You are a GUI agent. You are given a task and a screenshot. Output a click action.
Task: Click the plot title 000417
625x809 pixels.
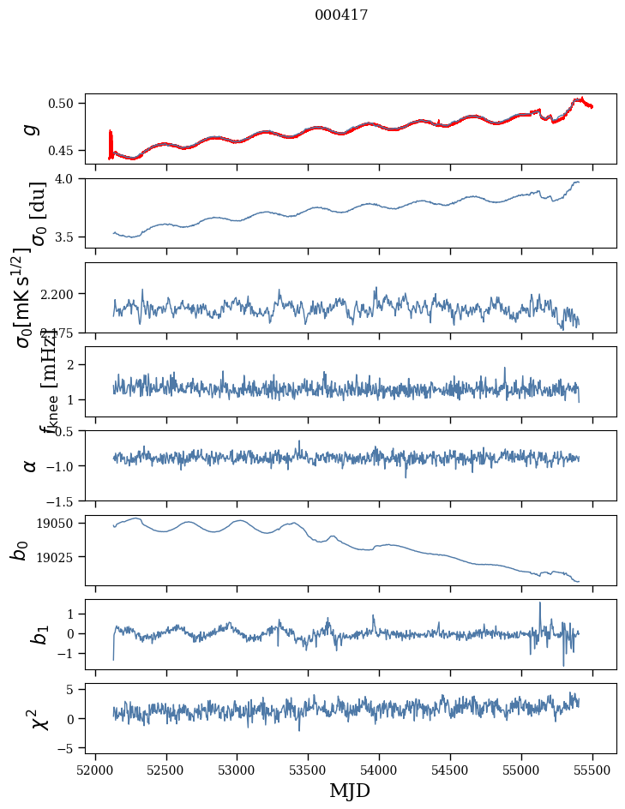tap(341, 15)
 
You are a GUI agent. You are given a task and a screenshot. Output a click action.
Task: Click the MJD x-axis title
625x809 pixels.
tap(350, 790)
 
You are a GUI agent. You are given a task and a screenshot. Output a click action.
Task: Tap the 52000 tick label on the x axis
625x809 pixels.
tap(95, 769)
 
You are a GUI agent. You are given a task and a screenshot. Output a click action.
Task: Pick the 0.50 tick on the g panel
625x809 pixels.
tap(65, 103)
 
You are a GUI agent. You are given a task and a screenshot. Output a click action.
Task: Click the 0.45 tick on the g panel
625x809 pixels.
tap(65, 151)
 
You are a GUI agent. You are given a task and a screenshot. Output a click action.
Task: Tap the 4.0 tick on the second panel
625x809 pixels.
tap(69, 178)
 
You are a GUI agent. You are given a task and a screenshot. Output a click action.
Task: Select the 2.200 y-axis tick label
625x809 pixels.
tap(61, 294)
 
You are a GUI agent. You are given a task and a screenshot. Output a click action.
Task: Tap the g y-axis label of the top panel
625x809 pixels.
tap(31, 129)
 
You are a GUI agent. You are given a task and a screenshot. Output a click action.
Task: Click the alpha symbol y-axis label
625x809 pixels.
tap(31, 465)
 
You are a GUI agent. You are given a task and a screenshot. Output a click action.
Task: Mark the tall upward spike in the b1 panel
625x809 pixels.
tap(539, 603)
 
